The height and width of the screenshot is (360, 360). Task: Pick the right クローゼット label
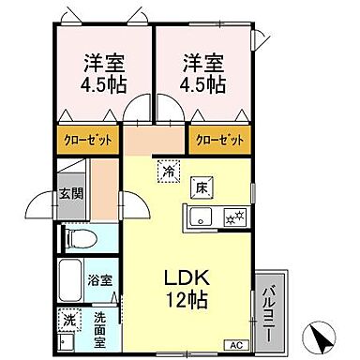click(221, 139)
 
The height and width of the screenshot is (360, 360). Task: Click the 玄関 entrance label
click(69, 195)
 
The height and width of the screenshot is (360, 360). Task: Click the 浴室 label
click(100, 280)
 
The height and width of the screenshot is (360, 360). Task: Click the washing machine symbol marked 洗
click(69, 320)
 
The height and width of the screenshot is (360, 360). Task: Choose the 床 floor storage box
click(201, 187)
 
